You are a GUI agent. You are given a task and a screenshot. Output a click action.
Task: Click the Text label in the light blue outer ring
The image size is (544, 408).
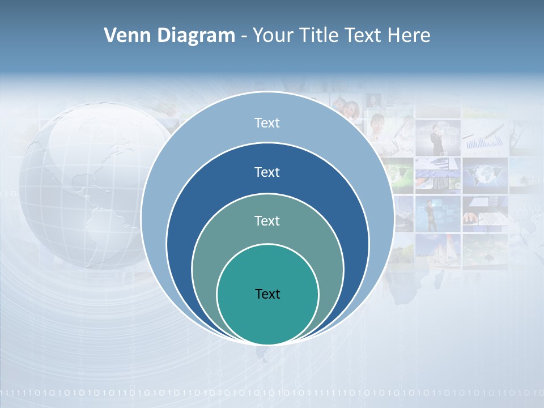(x=267, y=123)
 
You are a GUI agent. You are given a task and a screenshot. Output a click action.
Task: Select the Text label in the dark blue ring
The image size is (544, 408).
(x=267, y=172)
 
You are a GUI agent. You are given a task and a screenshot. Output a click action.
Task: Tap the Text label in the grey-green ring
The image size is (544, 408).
(x=267, y=221)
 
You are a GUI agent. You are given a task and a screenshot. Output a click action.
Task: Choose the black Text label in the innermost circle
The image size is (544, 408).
(x=267, y=294)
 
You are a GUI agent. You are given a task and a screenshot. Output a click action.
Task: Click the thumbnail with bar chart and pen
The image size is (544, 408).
(x=484, y=136)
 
